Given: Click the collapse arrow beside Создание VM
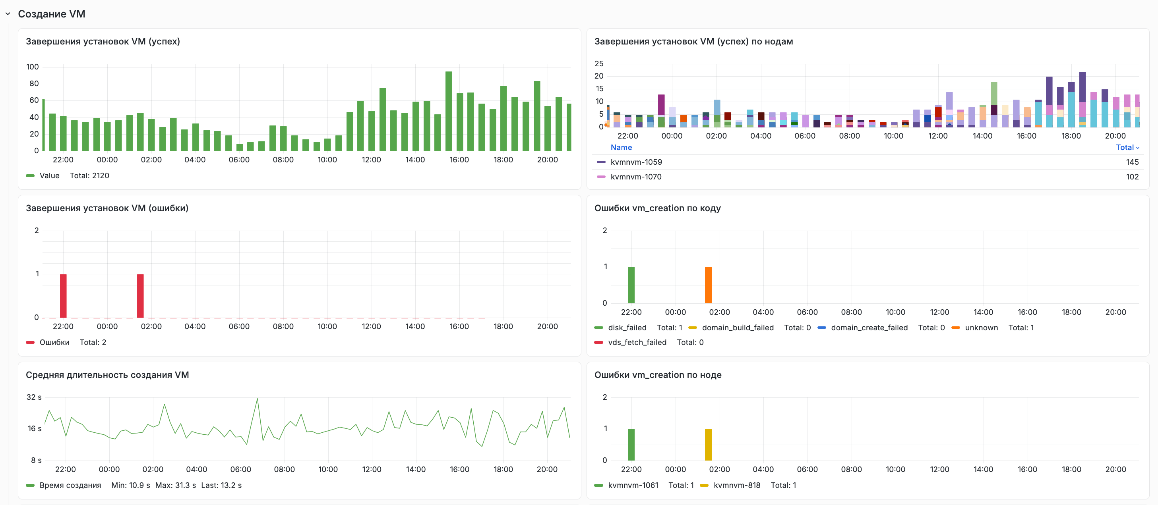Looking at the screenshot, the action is click(x=8, y=14).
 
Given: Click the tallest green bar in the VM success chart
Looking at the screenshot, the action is click(x=449, y=111).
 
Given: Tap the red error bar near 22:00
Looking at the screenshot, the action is click(x=64, y=296).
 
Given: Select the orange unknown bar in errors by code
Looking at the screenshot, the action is click(x=708, y=285).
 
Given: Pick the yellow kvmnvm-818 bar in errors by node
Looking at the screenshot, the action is click(x=708, y=444).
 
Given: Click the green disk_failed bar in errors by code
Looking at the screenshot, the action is click(x=631, y=285).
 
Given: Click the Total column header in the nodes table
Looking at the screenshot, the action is click(x=1127, y=147).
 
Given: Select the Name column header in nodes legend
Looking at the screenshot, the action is click(x=621, y=147).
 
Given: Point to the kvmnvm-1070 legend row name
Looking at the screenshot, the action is click(x=636, y=177).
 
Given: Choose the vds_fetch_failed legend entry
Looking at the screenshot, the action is click(x=637, y=342).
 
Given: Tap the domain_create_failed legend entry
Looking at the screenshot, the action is click(x=869, y=328).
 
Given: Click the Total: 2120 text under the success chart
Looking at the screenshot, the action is click(x=89, y=175).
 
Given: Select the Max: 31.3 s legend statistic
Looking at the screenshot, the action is click(x=175, y=485).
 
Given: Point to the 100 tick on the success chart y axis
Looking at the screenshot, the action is click(x=32, y=67).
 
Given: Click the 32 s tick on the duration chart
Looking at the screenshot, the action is click(x=34, y=397).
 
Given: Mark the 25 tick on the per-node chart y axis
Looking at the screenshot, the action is click(x=599, y=64).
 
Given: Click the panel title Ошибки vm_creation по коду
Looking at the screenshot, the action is click(x=657, y=208).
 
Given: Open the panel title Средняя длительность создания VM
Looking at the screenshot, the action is click(x=107, y=375).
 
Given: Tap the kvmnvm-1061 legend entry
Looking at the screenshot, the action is click(x=633, y=485).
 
